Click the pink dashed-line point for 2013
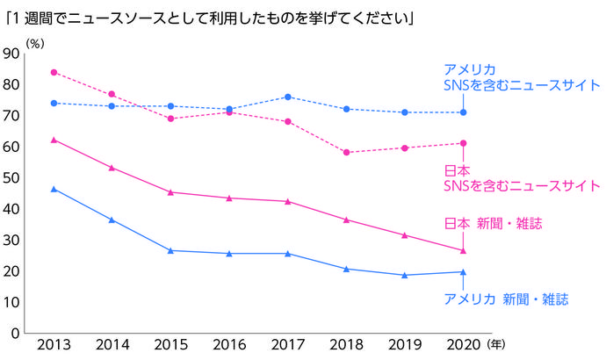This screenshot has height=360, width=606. (54, 72)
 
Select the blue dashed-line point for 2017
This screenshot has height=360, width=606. (288, 97)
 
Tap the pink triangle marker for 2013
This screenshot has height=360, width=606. (54, 140)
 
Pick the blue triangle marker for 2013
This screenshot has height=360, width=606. (54, 189)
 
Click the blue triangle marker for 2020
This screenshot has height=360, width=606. (463, 271)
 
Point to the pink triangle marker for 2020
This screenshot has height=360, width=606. (463, 250)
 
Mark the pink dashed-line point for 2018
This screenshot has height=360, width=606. (346, 152)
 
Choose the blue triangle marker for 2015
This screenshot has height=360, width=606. (171, 250)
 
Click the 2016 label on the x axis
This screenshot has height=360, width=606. (229, 345)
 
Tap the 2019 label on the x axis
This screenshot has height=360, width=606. (404, 345)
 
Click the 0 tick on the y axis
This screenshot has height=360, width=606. (16, 334)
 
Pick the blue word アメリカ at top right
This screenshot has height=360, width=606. (470, 69)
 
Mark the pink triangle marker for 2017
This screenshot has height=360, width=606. (288, 201)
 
